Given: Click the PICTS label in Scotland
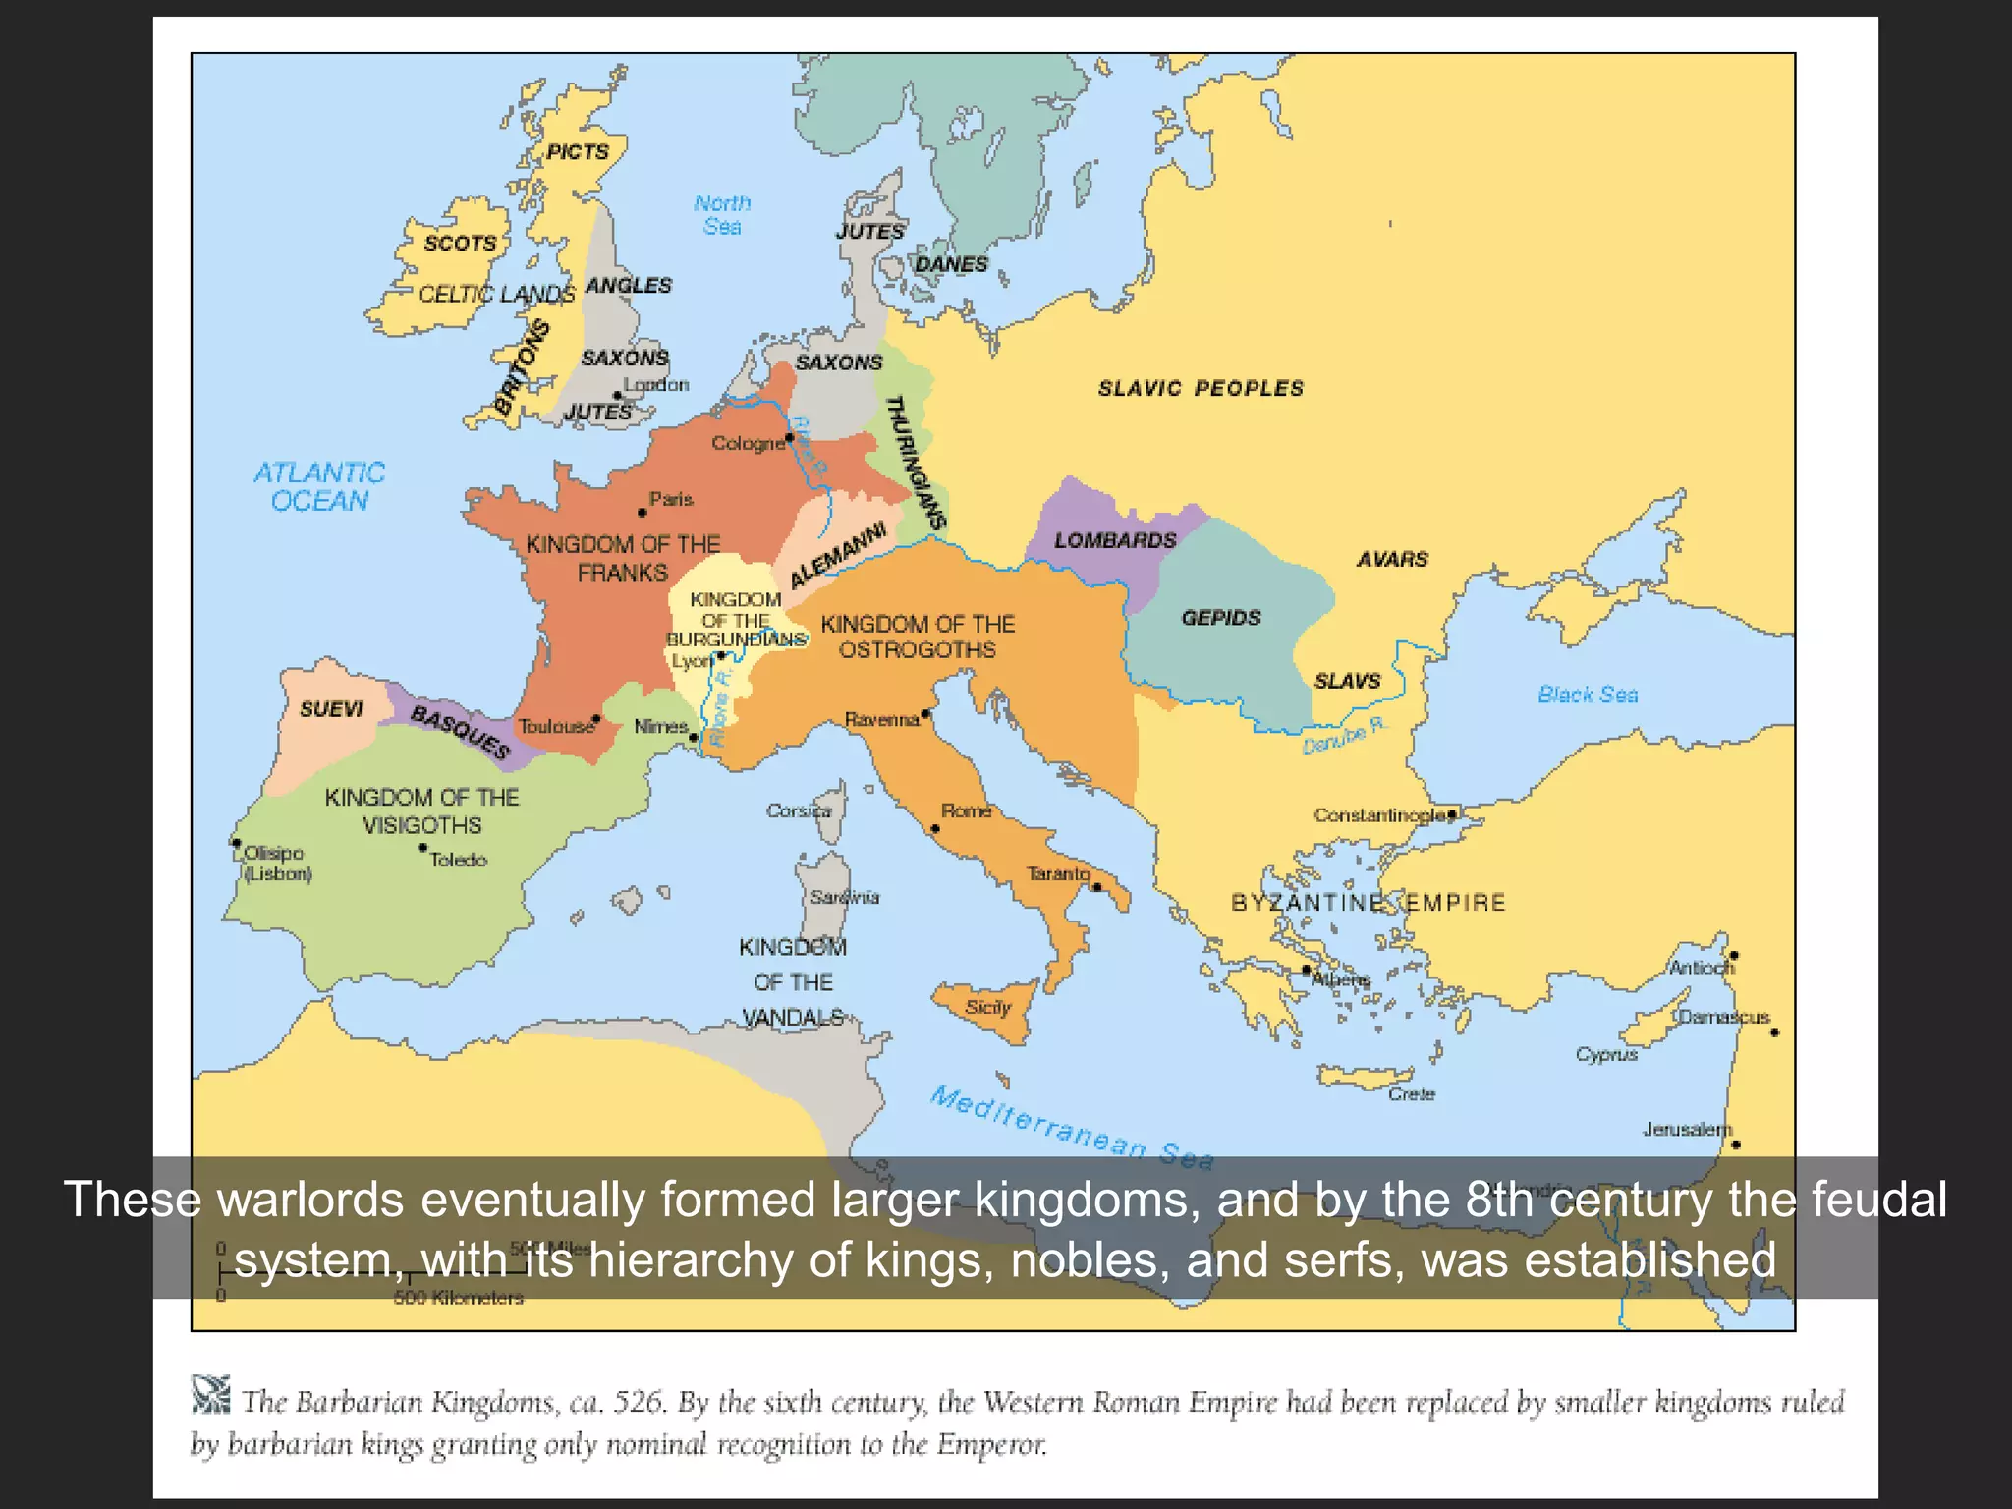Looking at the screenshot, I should (578, 152).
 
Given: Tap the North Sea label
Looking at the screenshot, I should (722, 214).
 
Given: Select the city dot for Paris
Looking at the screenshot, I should (643, 513).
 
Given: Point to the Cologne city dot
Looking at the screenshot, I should (789, 437).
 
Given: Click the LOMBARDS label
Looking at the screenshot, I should (1115, 540).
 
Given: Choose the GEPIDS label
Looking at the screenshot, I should (1221, 617).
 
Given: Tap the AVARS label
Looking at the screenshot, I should (1392, 559).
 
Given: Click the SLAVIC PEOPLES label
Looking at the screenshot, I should (1201, 388).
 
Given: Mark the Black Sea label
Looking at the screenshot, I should (1588, 695).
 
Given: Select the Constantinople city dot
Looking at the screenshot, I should (1452, 814).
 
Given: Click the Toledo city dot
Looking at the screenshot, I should (423, 848).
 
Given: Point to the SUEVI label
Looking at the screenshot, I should (331, 709).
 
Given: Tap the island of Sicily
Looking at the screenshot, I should (986, 1008).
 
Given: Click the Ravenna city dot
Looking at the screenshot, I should (925, 714).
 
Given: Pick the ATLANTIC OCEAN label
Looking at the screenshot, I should (319, 486).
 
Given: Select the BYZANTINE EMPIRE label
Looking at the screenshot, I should (1368, 902).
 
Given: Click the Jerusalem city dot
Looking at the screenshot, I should (1736, 1145).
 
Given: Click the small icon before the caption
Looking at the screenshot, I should (211, 1394).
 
